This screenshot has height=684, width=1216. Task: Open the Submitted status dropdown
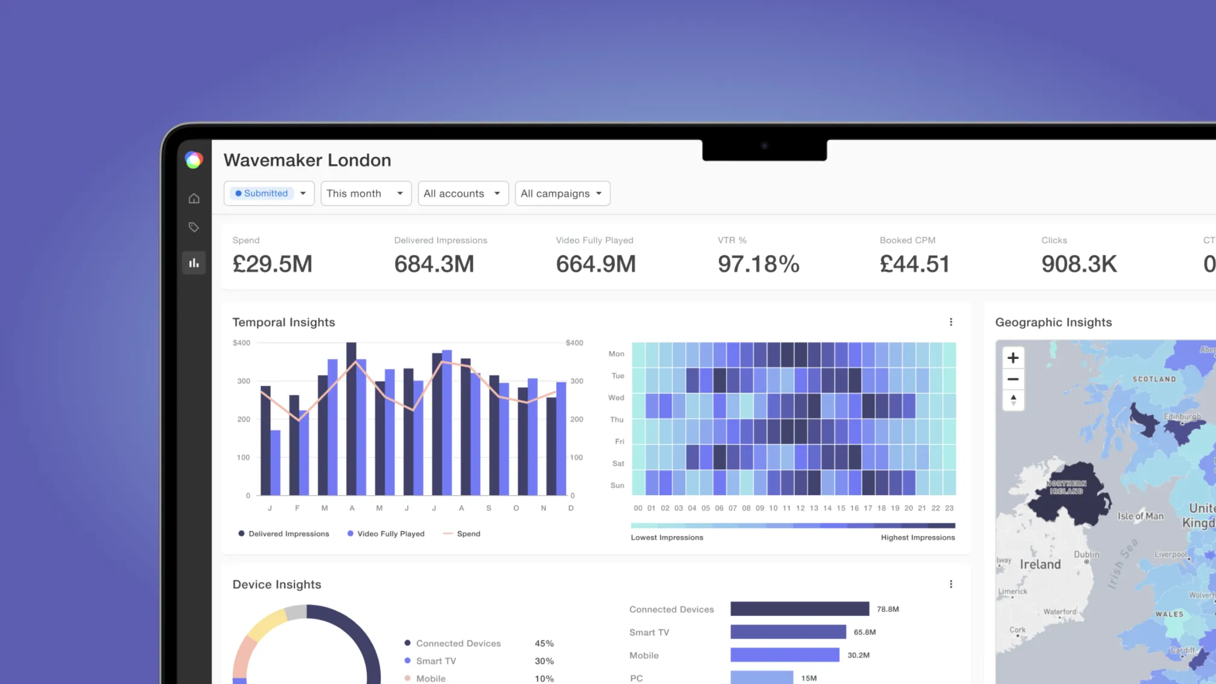269,194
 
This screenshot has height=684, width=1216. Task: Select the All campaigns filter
562,194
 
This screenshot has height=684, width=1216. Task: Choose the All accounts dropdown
463,194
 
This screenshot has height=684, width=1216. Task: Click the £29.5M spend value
273,264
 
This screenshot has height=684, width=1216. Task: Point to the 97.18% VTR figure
758,264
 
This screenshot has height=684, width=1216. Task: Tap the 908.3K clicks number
1078,264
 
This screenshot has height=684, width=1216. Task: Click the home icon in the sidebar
194,198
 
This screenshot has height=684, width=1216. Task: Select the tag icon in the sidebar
194,227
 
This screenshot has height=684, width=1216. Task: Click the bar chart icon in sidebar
194,263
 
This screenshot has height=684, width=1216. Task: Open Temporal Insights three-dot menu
951,322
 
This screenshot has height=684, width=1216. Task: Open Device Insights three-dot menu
951,584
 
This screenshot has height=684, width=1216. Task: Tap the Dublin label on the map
1086,554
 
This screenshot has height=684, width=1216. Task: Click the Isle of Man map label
1140,516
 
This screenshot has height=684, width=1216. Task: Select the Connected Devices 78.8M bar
799,609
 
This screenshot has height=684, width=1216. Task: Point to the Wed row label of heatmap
616,397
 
